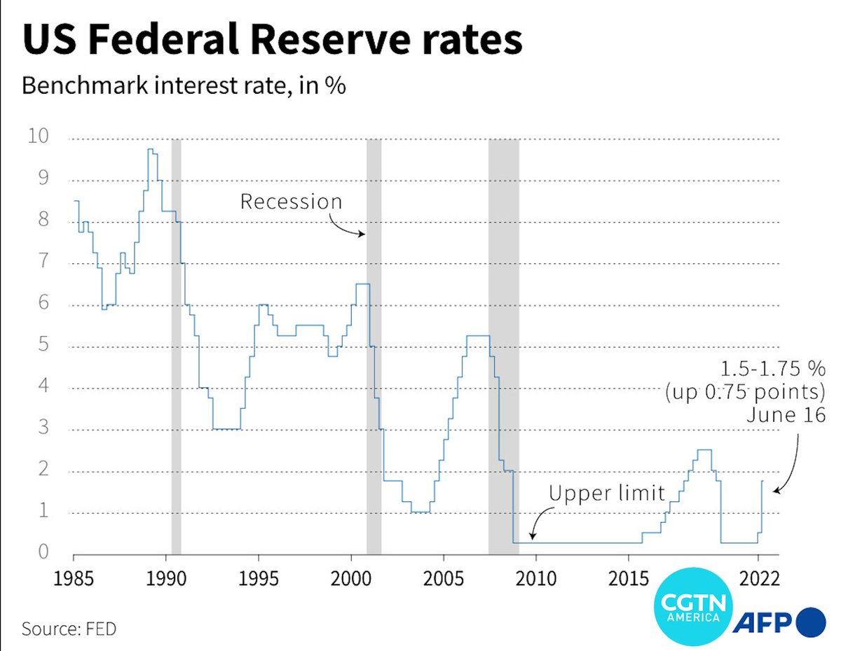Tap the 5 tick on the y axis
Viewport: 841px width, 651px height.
click(43, 345)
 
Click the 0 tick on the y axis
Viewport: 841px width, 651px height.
click(43, 552)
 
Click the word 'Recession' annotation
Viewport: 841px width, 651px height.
click(291, 202)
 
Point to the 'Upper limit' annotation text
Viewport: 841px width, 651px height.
click(606, 493)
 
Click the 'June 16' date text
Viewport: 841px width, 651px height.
click(786, 414)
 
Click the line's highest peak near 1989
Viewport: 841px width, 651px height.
click(150, 149)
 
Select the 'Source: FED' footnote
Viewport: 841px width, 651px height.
click(69, 629)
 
